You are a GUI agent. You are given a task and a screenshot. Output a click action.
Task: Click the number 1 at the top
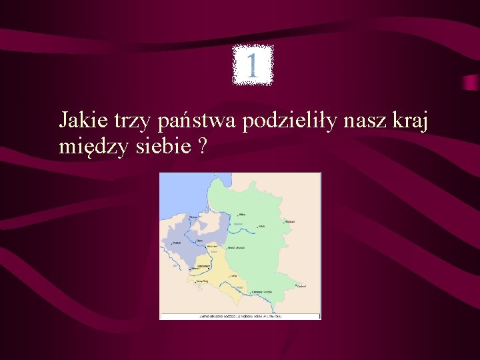click(x=252, y=65)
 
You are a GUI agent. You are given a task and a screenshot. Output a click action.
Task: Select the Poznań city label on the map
click(x=177, y=243)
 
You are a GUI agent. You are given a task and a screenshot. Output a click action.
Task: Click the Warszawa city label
click(x=213, y=246)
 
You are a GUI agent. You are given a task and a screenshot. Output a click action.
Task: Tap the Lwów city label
click(x=233, y=275)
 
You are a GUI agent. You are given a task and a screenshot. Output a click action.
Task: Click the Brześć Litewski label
click(x=236, y=248)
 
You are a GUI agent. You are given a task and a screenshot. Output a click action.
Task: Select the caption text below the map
click(x=240, y=316)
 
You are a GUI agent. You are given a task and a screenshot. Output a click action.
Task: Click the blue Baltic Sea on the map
click(x=183, y=193)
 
